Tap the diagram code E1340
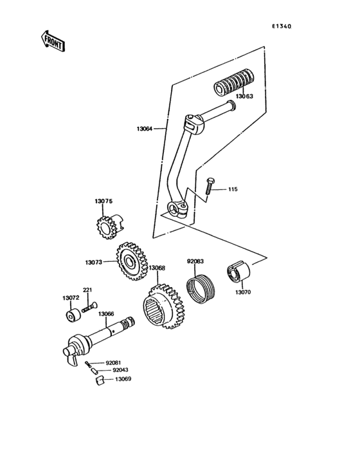[x=281, y=26]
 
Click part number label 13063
[x=244, y=97]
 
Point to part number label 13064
[x=144, y=129]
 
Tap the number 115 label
[x=232, y=190]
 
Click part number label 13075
[x=104, y=202]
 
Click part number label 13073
[x=93, y=263]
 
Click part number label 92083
[x=195, y=261]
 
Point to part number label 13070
[x=243, y=293]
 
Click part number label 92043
[x=120, y=370]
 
